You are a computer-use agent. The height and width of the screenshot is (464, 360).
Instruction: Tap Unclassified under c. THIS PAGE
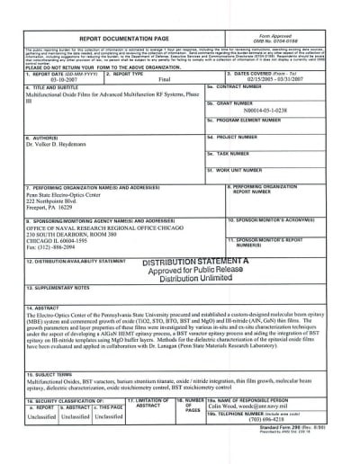[x=109, y=442]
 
